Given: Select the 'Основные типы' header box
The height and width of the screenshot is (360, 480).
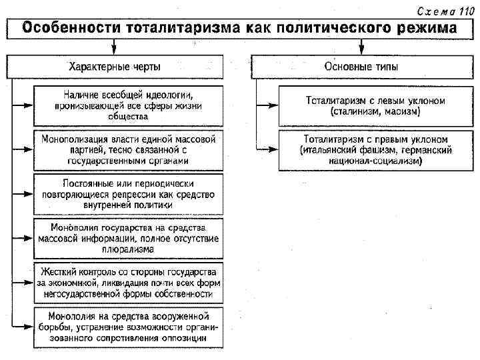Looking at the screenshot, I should pos(362,67).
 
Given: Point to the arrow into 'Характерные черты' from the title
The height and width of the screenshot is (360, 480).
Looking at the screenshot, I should pos(115,47).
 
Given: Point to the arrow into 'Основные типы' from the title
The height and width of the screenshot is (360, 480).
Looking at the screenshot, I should pos(361,47).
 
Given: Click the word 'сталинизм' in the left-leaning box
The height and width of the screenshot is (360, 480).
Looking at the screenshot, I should pos(357,112).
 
